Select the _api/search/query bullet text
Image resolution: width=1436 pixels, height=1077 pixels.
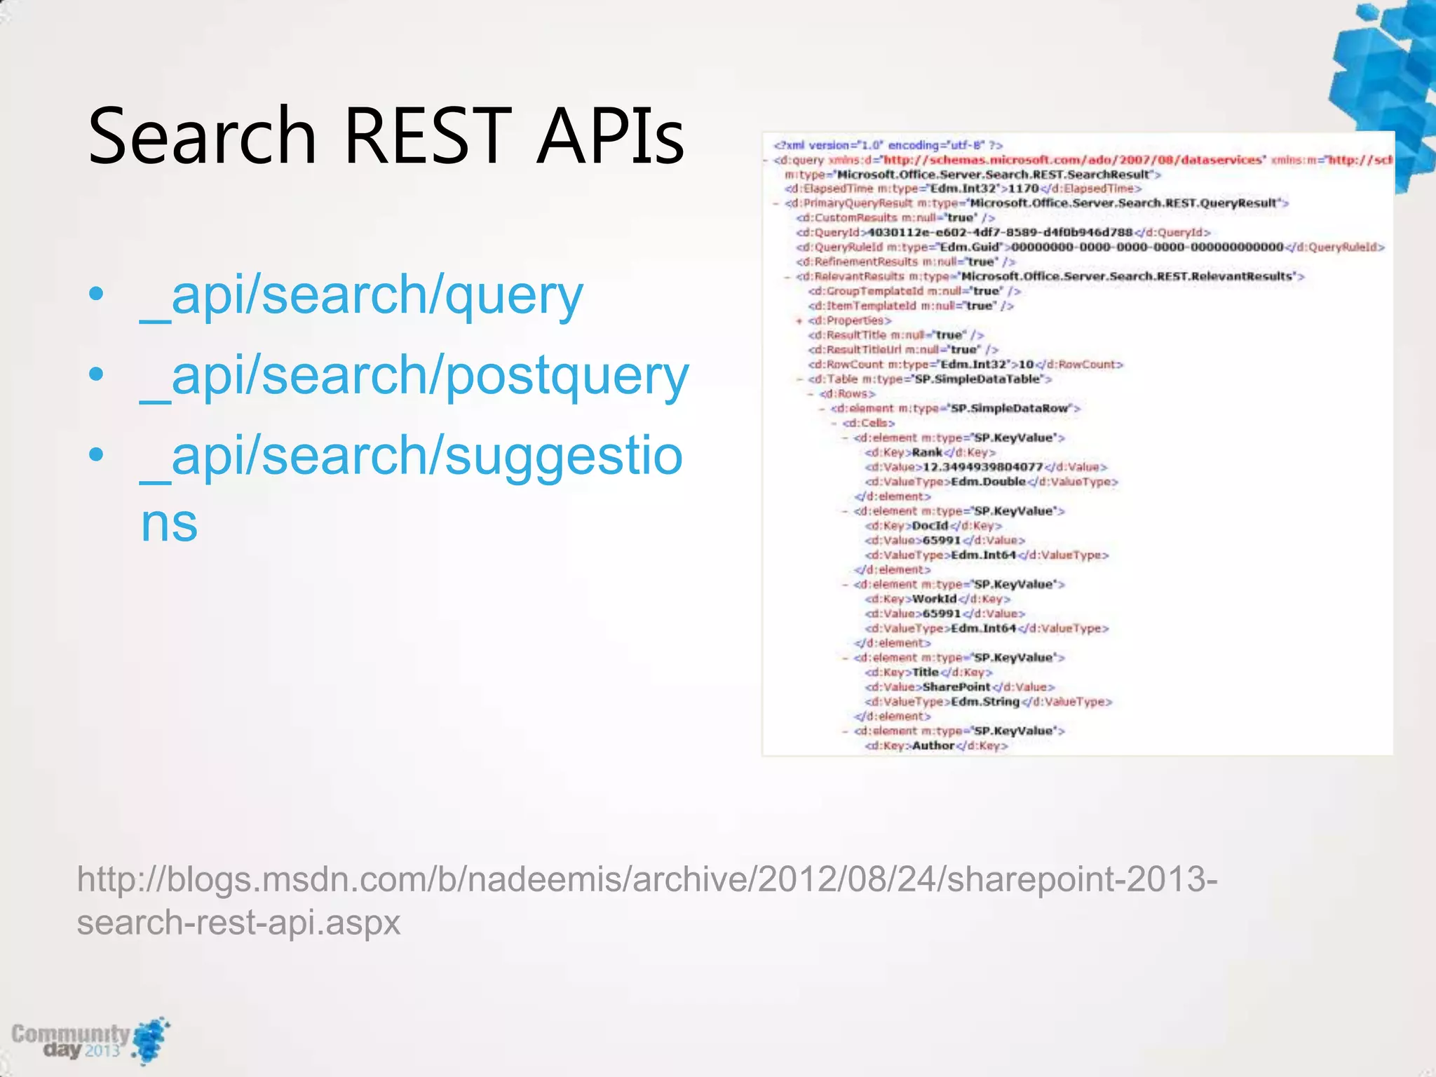362,296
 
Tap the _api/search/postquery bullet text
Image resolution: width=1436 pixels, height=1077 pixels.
414,377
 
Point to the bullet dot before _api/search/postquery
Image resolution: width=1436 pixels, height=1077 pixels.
97,374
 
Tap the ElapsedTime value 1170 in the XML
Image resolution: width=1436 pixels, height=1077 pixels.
1023,189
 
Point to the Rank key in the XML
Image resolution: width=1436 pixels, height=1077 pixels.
927,452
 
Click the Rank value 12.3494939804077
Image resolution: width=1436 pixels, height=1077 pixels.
982,467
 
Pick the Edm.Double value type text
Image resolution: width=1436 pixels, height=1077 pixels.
988,482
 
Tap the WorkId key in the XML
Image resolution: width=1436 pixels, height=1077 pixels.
934,599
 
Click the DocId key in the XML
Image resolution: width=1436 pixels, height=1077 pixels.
930,526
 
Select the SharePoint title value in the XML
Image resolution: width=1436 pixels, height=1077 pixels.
956,687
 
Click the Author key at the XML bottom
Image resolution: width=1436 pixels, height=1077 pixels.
933,745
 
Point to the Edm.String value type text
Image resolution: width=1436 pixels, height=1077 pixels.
985,702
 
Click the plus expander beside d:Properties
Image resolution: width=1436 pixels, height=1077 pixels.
799,321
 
